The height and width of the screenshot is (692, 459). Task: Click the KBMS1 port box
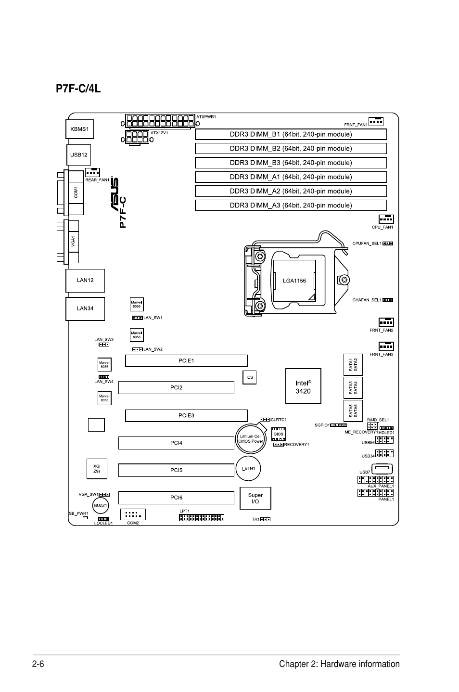[79, 129]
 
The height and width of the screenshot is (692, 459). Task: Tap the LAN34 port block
[85, 308]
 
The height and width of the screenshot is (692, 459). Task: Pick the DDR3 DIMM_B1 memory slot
[291, 134]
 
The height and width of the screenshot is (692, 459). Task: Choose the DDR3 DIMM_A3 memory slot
[291, 205]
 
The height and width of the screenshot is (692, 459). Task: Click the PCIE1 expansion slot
[186, 360]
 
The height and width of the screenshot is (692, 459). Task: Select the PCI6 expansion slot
[176, 498]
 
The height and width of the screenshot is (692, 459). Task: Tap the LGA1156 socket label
[294, 281]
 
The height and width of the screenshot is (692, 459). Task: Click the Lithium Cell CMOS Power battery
[251, 438]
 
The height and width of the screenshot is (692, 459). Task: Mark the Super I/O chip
[255, 498]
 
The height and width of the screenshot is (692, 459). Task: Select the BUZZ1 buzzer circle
[100, 505]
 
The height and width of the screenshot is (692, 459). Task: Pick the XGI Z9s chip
[97, 468]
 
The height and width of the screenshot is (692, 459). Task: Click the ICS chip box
[249, 377]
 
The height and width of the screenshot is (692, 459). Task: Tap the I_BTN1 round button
[248, 468]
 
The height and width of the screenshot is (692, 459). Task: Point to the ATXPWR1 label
[206, 117]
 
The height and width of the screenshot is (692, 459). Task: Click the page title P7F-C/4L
[78, 89]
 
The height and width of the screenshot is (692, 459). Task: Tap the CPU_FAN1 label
[382, 227]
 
